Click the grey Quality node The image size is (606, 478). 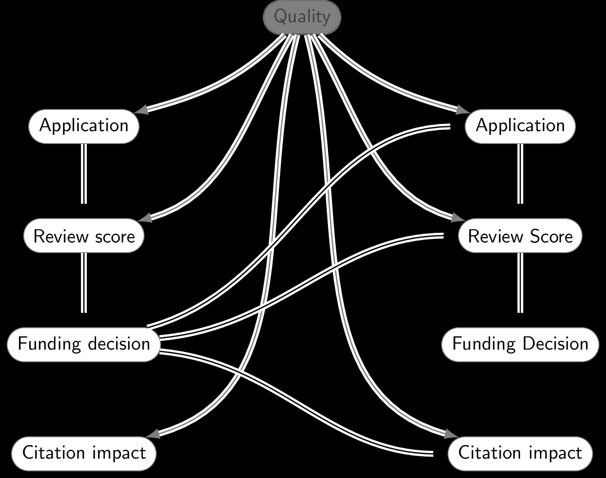[x=302, y=17]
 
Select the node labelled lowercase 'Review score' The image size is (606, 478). [x=84, y=236]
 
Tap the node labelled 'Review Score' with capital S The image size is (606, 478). [x=520, y=236]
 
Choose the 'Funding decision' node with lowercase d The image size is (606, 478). [x=84, y=344]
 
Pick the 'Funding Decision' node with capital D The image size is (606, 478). [x=520, y=344]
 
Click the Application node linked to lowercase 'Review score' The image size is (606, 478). [x=84, y=126]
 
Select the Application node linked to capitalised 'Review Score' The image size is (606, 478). [x=520, y=126]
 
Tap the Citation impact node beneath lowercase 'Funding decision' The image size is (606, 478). [x=84, y=453]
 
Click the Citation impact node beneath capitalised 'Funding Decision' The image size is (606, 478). [x=520, y=453]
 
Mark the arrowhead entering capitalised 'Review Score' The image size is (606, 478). [x=458, y=218]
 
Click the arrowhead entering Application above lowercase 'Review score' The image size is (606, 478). [x=142, y=109]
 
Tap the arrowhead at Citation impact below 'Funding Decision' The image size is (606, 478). [x=451, y=435]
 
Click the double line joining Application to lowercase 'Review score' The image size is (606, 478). [x=84, y=173]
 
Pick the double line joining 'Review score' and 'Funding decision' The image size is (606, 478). [x=84, y=283]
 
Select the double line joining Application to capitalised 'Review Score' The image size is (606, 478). [x=520, y=173]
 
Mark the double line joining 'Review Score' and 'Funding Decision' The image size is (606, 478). [x=520, y=283]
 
